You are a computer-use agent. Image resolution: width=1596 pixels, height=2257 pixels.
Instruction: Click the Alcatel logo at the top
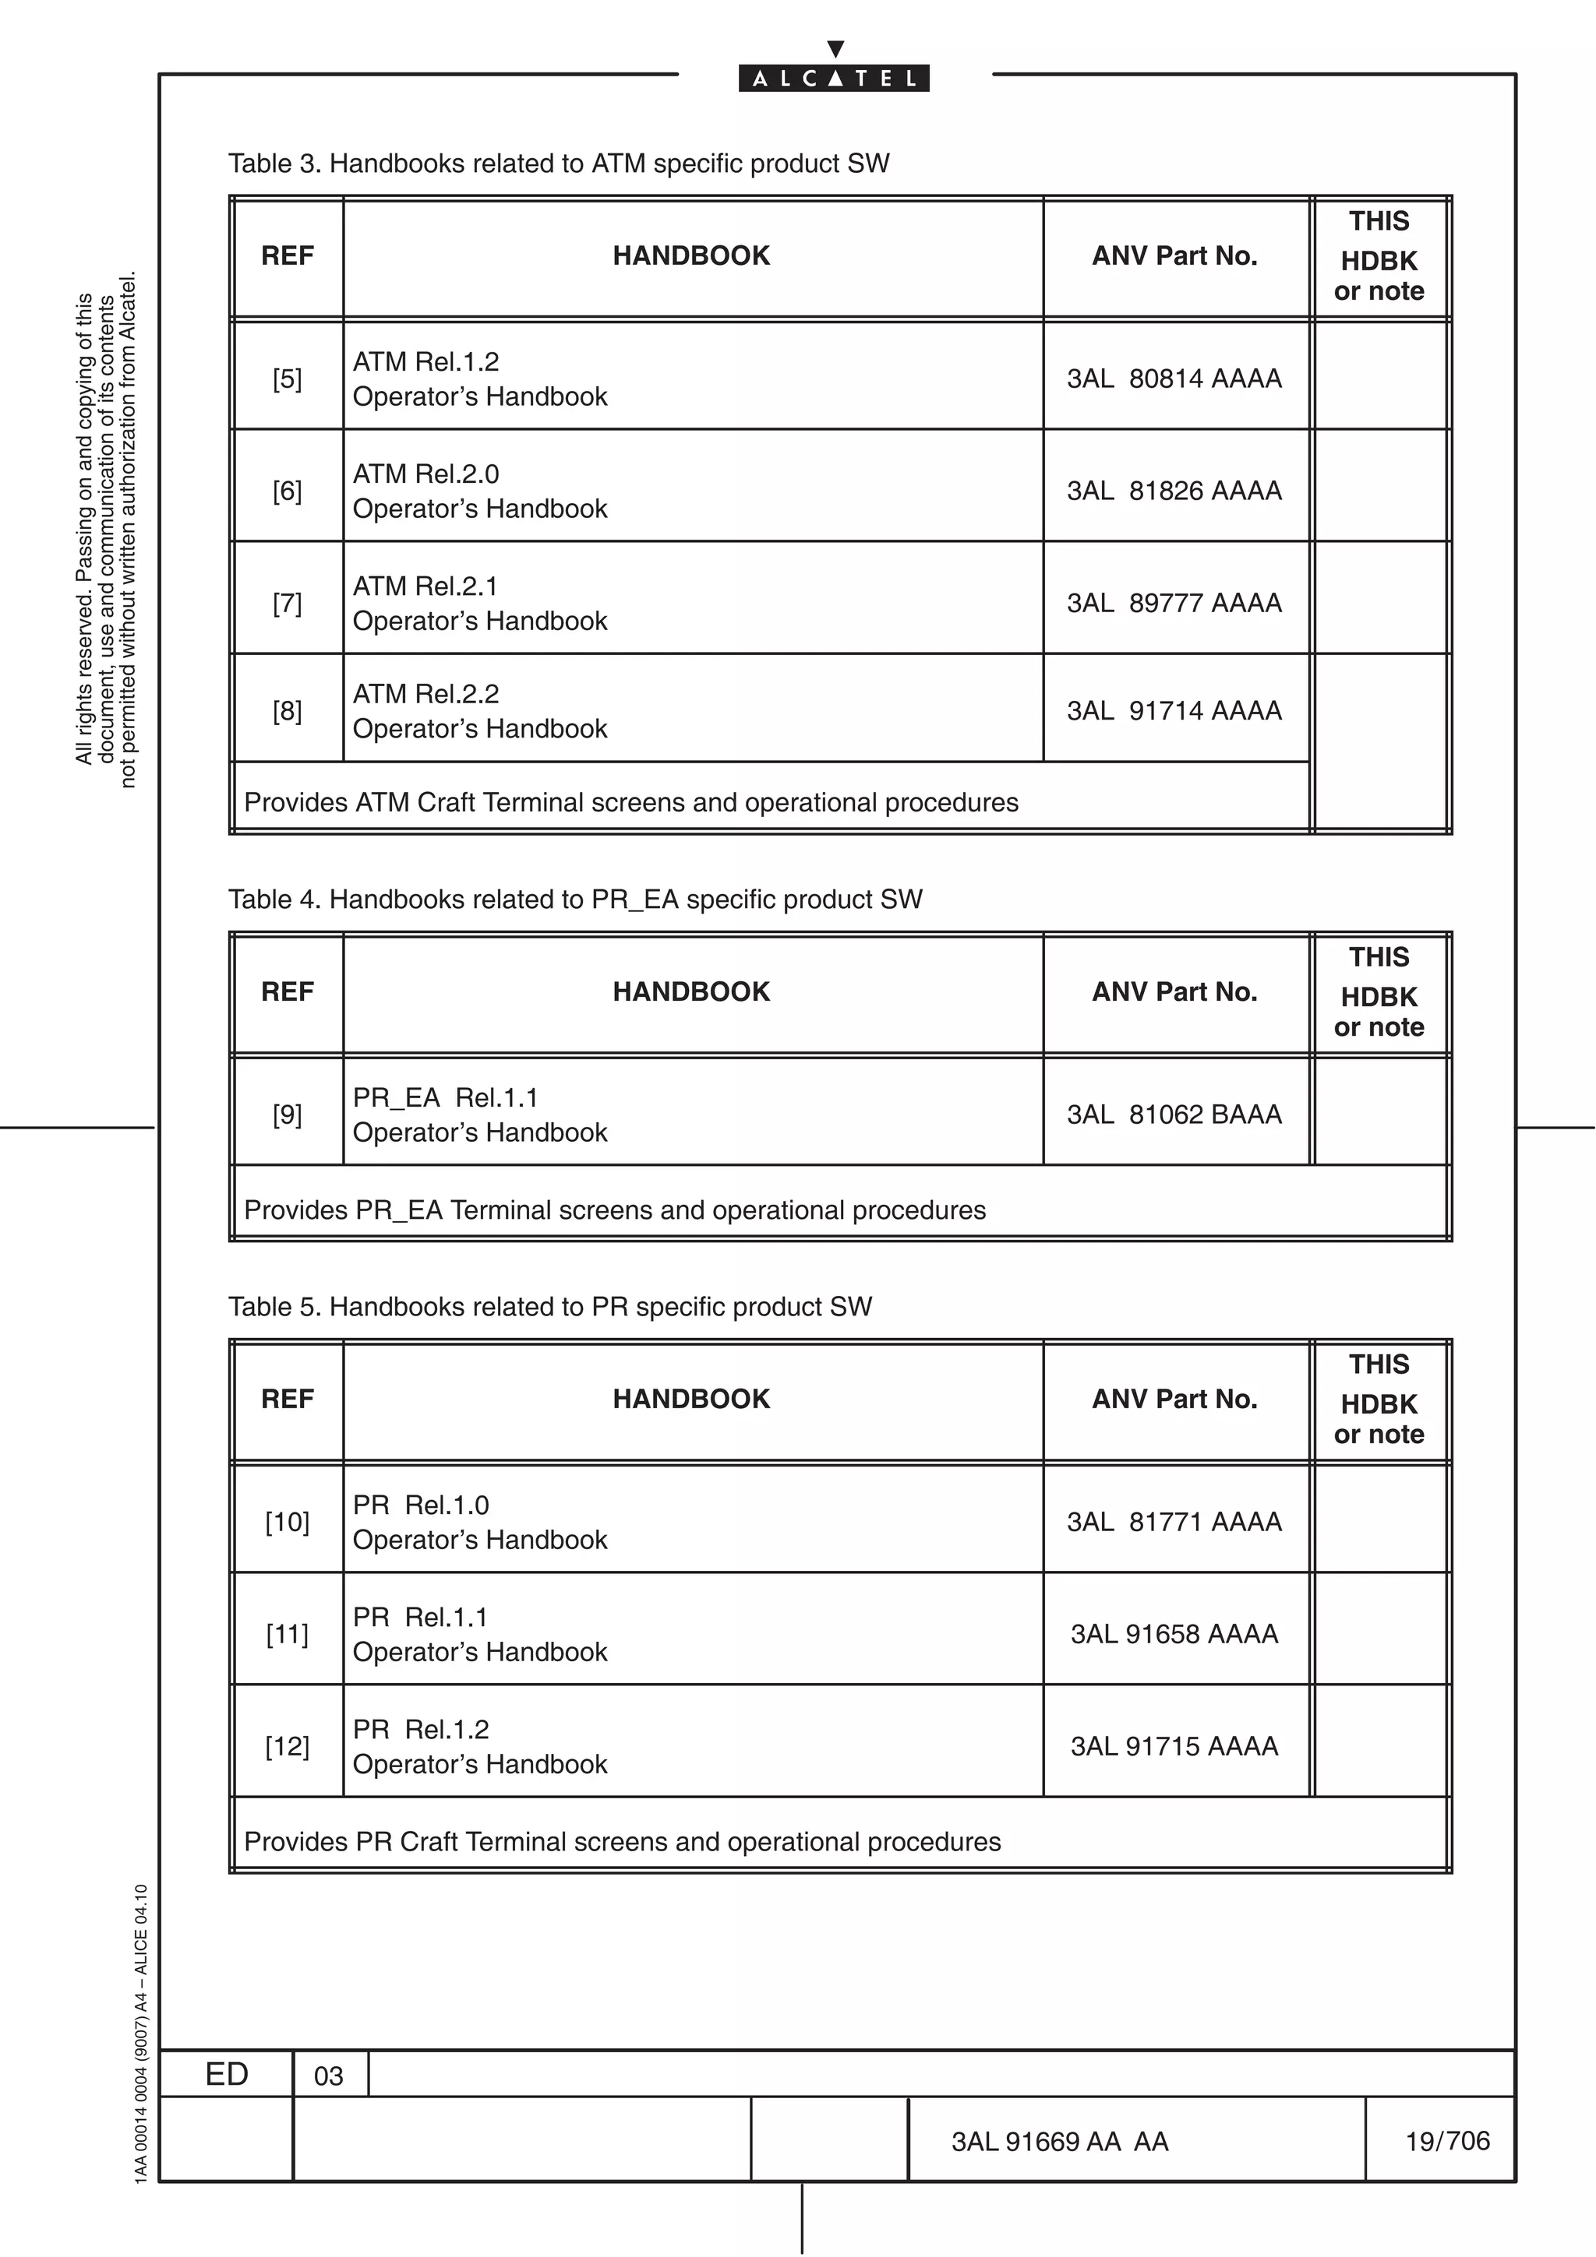[834, 78]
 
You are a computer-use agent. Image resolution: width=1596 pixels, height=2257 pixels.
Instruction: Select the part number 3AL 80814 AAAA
[1174, 379]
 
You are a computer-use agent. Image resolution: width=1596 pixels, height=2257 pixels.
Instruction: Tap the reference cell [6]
[287, 491]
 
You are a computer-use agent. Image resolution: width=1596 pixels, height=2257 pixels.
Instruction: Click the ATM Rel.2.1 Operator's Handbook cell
[480, 604]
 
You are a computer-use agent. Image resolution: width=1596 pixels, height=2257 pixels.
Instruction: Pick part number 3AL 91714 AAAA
[1174, 711]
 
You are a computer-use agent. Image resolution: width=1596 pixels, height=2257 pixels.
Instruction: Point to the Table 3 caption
[559, 164]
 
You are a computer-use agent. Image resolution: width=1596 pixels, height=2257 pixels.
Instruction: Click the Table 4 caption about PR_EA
[575, 900]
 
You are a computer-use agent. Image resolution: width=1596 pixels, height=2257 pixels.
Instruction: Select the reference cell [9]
[287, 1114]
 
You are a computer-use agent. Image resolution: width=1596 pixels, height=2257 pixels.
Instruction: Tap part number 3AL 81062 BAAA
[1174, 1114]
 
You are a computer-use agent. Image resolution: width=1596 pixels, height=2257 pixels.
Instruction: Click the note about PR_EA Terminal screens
[615, 1210]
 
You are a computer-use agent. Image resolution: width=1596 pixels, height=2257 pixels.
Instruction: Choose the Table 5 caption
[549, 1306]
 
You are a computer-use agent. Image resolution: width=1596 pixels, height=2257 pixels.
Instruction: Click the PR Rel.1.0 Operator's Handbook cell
[480, 1522]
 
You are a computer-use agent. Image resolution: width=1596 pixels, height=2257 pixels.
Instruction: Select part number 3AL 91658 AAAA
[1174, 1634]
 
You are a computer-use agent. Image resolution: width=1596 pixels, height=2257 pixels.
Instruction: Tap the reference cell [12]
[287, 1746]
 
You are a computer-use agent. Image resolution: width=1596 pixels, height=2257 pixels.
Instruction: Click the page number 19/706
[1446, 2141]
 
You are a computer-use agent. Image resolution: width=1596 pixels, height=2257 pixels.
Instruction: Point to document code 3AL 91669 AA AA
[1059, 2142]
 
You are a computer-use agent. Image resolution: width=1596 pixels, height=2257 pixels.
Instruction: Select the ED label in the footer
[226, 2074]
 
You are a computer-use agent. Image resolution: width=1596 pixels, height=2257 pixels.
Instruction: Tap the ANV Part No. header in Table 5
[1174, 1399]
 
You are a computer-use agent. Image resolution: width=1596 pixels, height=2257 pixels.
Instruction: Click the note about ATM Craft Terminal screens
[630, 803]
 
